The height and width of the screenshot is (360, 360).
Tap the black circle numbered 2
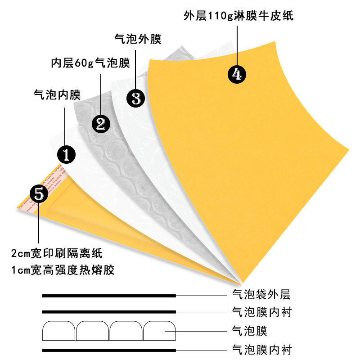click(101, 123)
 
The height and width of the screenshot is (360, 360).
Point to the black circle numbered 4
click(237, 73)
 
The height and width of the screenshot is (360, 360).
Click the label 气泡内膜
click(57, 94)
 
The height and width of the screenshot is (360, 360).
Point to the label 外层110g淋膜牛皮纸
click(238, 17)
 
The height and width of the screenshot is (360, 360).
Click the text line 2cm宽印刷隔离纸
click(60, 253)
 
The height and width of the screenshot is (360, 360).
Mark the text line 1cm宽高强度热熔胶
click(63, 270)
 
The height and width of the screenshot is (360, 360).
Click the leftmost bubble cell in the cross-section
click(59, 331)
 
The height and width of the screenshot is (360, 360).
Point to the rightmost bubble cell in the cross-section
click(159, 331)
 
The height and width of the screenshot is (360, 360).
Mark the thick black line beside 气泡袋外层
click(109, 296)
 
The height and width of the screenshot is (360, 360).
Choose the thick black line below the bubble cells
click(109, 350)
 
